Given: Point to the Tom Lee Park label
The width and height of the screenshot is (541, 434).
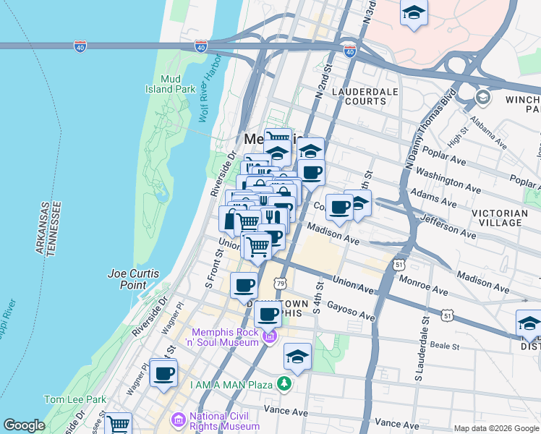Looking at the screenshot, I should [74, 399].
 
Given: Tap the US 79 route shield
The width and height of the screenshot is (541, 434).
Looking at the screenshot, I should [279, 283].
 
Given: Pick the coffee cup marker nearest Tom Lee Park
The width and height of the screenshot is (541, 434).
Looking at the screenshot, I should [163, 373].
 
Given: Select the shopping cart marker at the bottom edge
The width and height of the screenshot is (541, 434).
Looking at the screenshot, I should [118, 424].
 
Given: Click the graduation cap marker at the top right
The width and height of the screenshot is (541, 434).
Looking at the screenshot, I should [414, 13].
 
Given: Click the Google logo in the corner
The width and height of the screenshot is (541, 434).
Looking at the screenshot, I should [24, 425].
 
